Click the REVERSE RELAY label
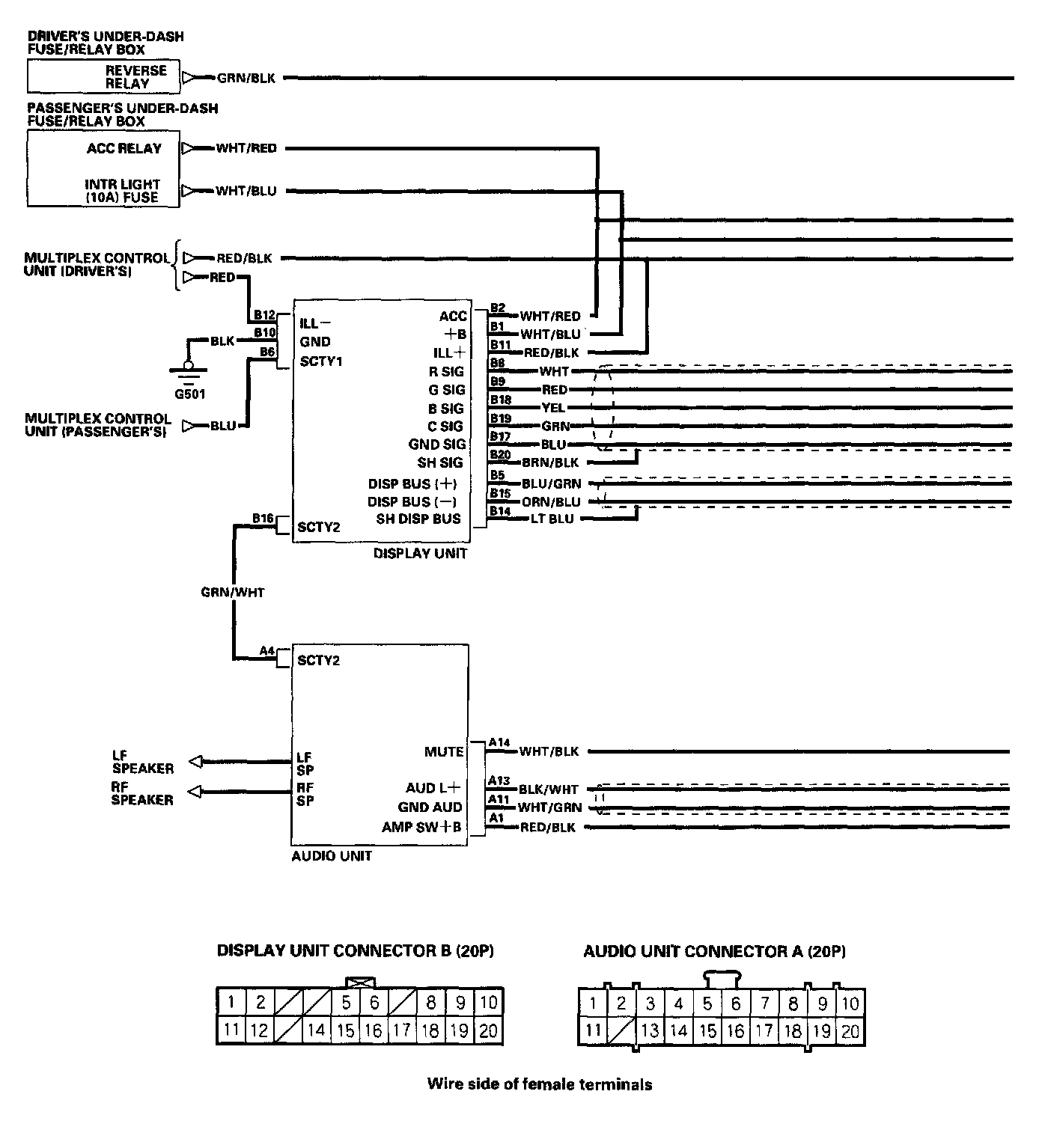(x=135, y=77)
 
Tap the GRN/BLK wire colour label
(x=246, y=78)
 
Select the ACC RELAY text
(x=124, y=148)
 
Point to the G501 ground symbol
(x=189, y=369)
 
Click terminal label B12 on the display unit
(x=264, y=315)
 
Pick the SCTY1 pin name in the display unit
(x=321, y=361)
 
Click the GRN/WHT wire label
(x=233, y=592)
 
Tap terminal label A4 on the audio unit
(x=267, y=650)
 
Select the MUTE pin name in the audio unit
(x=444, y=751)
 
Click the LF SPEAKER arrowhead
(x=195, y=761)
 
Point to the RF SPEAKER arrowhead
(x=195, y=791)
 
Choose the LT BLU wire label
(x=552, y=519)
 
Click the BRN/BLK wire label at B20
(x=550, y=462)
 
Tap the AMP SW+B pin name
(x=422, y=827)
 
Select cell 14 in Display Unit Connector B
(x=316, y=1030)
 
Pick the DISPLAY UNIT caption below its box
(x=420, y=554)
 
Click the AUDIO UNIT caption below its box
(x=332, y=855)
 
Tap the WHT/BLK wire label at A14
(x=549, y=751)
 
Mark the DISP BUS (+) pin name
(x=412, y=483)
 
